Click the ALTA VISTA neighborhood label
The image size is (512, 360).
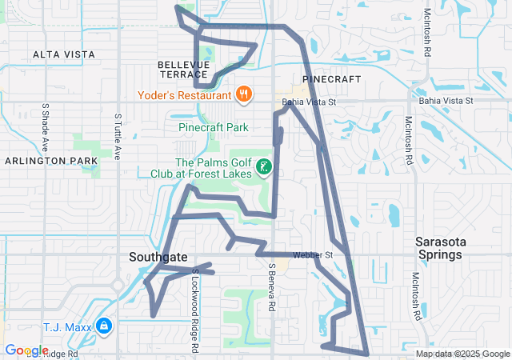coord(63,54)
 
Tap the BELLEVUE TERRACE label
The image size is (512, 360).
coord(183,69)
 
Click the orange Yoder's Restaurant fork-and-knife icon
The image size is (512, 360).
coord(245,94)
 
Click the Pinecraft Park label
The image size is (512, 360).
coord(213,127)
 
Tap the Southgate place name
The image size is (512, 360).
coord(158,258)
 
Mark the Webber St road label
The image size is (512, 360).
coord(311,255)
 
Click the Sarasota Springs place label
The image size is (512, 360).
coord(440,248)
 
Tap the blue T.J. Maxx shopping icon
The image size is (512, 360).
coord(103,326)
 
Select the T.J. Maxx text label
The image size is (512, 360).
coord(65,326)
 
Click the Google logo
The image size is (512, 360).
coord(26,350)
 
